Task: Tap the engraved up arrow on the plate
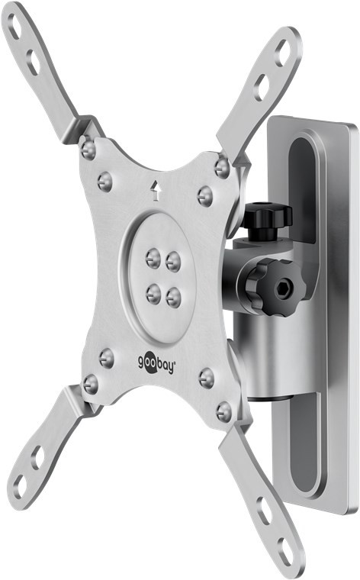[156, 188]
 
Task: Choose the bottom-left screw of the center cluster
[153, 292]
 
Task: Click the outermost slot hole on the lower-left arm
[21, 485]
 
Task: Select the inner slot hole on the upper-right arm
[262, 86]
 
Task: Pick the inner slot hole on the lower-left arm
[38, 456]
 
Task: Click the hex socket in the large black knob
[284, 289]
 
